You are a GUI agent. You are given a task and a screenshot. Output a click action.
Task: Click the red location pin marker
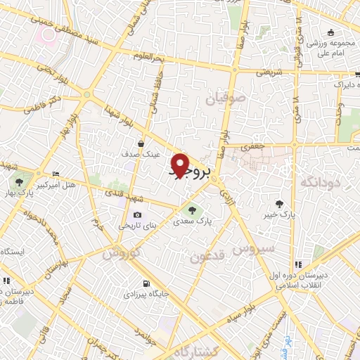[181, 165]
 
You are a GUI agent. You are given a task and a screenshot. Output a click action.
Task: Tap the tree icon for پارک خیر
[281, 203]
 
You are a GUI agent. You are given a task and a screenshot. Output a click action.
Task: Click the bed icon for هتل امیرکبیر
[56, 174]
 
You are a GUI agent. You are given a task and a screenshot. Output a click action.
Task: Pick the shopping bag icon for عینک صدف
[142, 143]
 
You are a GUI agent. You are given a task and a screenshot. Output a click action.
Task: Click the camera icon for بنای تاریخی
[136, 214]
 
